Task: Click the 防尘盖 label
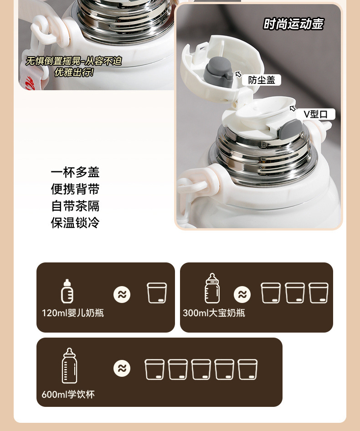tap(262, 80)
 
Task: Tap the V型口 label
tap(316, 114)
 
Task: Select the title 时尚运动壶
tap(293, 24)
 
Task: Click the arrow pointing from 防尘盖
tap(238, 74)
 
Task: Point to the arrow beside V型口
tap(293, 108)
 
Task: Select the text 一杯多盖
tap(75, 172)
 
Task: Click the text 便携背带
tap(75, 189)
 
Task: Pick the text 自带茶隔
tap(75, 206)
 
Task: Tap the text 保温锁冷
tap(75, 223)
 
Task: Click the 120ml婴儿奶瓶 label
tap(72, 313)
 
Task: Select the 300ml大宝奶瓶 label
tap(214, 313)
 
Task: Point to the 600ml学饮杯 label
tap(68, 395)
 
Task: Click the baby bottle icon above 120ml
tap(67, 291)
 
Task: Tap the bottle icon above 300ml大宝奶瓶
tap(212, 288)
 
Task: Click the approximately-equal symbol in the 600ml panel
tap(122, 368)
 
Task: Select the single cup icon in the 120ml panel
tap(157, 293)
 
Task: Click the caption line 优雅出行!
tap(74, 72)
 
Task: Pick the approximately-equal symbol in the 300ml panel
tap(242, 294)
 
